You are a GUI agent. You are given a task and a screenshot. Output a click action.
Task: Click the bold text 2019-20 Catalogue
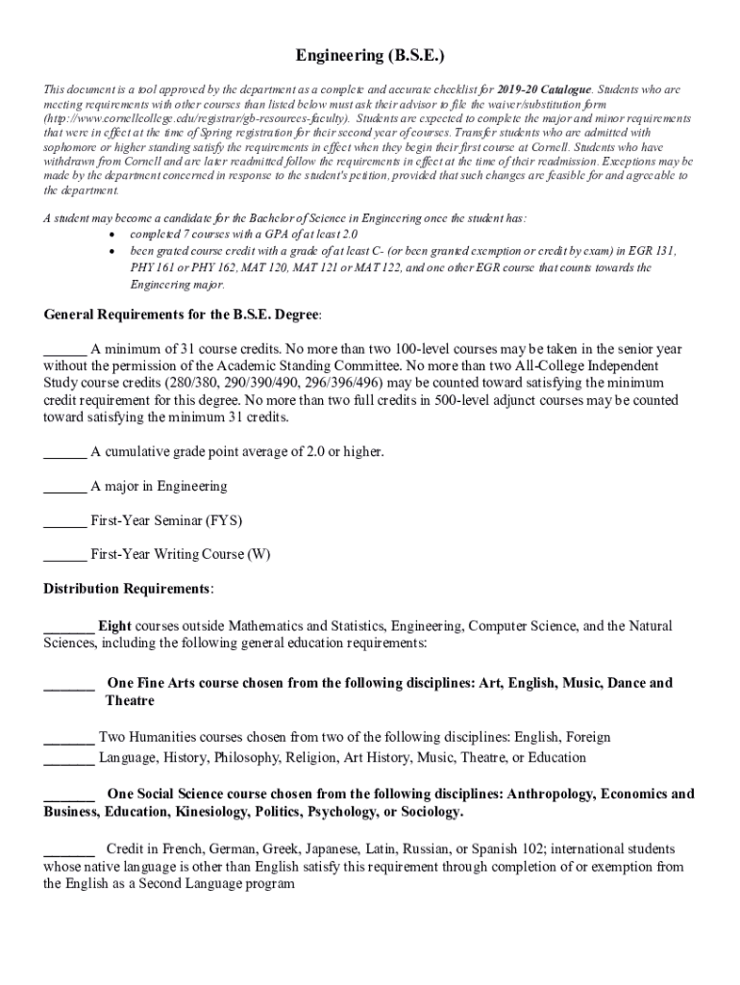coord(544,89)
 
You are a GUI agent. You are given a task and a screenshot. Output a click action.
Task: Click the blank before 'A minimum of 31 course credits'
coord(65,348)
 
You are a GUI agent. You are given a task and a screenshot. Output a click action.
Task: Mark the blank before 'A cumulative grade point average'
coord(65,451)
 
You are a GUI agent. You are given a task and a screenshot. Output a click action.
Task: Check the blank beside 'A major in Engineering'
coord(65,486)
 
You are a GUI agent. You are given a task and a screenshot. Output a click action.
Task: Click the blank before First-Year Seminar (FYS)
coord(65,520)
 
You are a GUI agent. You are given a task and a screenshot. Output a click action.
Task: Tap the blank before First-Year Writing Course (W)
coord(65,554)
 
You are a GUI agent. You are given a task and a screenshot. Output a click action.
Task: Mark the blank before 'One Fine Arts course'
coord(69,683)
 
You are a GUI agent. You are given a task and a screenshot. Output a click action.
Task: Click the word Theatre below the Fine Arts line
coord(130,701)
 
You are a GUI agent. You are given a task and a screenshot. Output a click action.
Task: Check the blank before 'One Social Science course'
coord(69,795)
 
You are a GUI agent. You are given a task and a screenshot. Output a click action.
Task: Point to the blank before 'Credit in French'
coord(69,849)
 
